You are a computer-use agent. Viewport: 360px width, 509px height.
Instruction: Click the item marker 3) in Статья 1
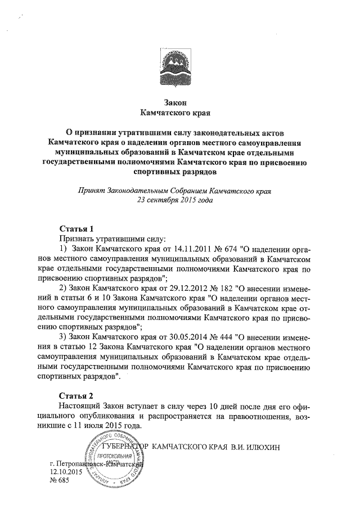coord(64,337)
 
